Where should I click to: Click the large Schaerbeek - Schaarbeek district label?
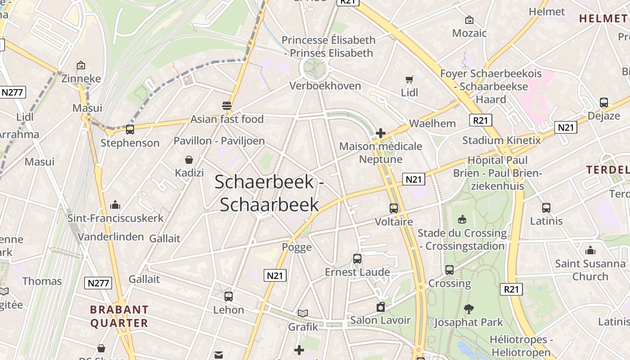point(269,193)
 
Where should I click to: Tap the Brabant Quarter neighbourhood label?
point(119,316)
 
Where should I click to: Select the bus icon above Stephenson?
point(130,130)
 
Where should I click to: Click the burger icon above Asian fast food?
point(227,106)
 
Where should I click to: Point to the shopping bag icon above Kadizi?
point(189,160)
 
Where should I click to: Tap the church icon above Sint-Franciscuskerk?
point(115,205)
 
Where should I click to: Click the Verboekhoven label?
point(325,85)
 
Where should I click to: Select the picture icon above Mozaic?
point(469,20)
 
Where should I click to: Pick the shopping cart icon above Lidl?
point(409,80)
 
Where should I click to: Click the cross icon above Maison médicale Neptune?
point(381,133)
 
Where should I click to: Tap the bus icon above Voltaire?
point(394,208)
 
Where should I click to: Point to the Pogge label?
point(297,247)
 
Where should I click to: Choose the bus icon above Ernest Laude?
point(357,259)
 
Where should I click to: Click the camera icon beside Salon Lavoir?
point(381,307)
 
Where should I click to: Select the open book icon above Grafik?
point(303,313)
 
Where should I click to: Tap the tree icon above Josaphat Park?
point(468,309)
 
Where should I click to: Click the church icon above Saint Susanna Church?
point(590,250)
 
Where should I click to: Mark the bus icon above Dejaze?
point(604,103)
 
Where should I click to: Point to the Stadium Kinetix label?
point(501,140)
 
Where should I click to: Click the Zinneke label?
point(81,78)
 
